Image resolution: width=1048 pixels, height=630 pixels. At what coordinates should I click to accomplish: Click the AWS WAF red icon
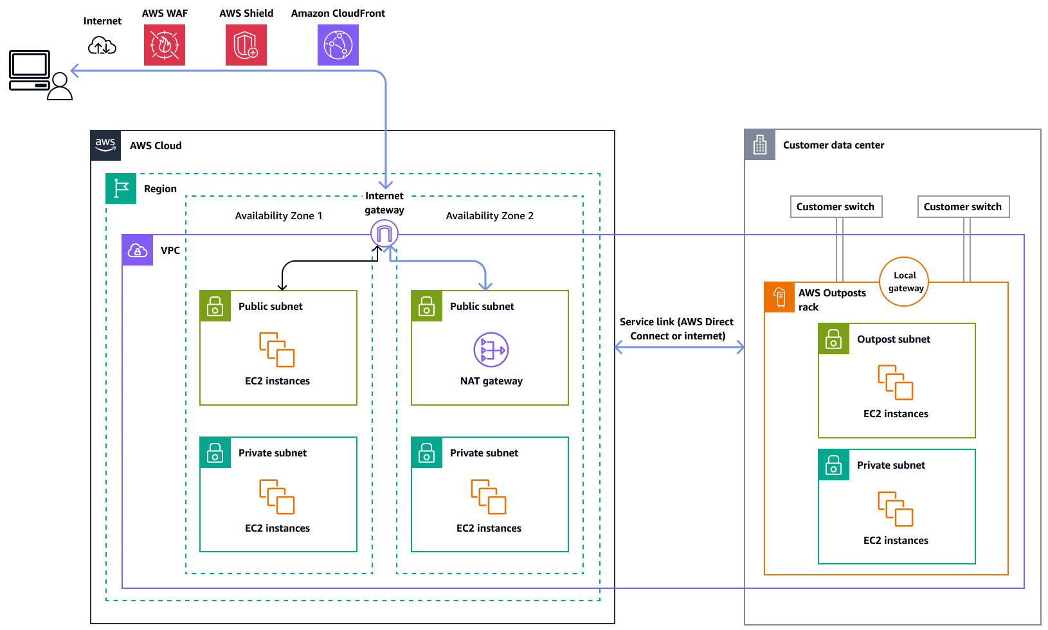click(x=165, y=45)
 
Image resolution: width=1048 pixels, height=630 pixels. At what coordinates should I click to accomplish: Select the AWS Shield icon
click(x=246, y=45)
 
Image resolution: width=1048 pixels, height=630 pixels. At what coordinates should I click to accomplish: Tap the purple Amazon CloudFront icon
click(x=338, y=45)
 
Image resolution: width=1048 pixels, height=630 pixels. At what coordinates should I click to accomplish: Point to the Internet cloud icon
click(x=102, y=46)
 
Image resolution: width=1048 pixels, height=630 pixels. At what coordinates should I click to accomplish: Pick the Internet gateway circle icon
click(x=384, y=233)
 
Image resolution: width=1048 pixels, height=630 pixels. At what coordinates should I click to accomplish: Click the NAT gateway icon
click(x=491, y=350)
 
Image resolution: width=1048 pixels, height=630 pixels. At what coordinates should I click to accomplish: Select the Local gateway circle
click(x=904, y=282)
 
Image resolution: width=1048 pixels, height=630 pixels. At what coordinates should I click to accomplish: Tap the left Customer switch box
click(x=836, y=207)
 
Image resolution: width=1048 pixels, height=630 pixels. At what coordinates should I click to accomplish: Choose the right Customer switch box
click(x=963, y=207)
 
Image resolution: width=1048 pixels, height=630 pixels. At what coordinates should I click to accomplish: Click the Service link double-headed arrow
click(x=680, y=348)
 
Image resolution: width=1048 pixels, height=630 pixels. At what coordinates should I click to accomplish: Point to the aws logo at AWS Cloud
click(x=105, y=145)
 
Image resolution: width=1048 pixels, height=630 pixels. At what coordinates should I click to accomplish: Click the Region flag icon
click(x=121, y=188)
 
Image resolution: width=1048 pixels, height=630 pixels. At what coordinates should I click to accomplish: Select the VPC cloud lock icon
click(x=138, y=250)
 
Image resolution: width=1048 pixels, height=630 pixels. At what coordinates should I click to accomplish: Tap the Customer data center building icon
click(x=760, y=145)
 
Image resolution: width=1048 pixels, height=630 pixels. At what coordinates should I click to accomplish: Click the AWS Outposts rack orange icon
click(x=780, y=297)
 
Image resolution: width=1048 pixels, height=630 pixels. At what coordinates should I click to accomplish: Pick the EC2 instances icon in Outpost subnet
click(x=896, y=382)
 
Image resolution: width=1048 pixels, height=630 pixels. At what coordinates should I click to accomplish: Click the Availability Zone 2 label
click(x=490, y=216)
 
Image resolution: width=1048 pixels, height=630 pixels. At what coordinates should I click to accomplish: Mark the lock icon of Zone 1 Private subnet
click(x=215, y=453)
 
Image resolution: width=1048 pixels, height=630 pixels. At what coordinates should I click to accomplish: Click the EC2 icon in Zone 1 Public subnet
click(x=277, y=350)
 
